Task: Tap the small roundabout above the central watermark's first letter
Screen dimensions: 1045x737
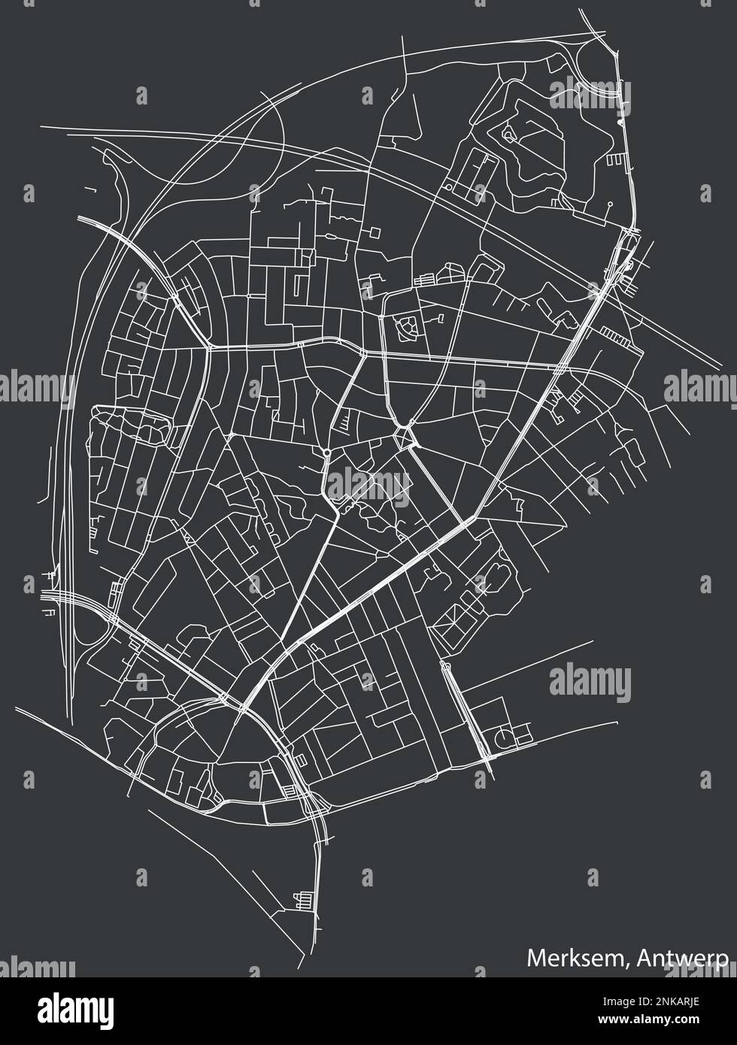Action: click(x=328, y=451)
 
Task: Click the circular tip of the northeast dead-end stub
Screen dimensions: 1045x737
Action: click(x=610, y=203)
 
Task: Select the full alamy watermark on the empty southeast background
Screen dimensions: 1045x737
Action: click(x=589, y=680)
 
